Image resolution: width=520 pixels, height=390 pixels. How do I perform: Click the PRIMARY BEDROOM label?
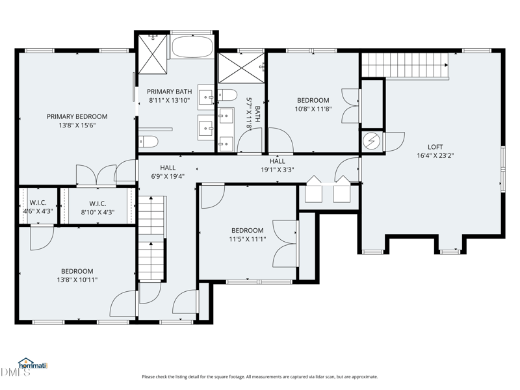[x=77, y=117]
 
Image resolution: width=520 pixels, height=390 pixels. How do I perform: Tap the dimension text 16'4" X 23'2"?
[x=435, y=155]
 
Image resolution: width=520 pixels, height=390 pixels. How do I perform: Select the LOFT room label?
[x=435, y=147]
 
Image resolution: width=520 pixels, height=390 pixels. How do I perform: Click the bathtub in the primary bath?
[x=192, y=47]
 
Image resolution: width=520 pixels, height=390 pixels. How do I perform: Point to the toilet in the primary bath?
[x=148, y=142]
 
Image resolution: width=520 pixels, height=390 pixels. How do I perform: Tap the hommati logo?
[x=33, y=364]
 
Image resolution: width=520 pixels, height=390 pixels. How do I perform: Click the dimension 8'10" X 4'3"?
[x=97, y=213]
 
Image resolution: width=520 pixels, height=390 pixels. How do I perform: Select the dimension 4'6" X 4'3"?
[x=38, y=211]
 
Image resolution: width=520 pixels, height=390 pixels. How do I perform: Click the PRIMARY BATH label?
[x=169, y=92]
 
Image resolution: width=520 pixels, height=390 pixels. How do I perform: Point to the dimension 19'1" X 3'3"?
[x=278, y=170]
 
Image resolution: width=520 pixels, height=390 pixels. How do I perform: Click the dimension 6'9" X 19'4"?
[x=168, y=176]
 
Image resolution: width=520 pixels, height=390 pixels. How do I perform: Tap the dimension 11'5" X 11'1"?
[x=248, y=239]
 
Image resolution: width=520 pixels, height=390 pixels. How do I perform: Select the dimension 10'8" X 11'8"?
[x=313, y=109]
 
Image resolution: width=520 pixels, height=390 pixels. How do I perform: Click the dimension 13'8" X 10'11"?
[x=77, y=280]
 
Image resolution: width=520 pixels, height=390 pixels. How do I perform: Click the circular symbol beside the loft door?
[x=370, y=142]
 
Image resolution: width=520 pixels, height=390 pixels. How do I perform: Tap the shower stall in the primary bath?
[x=153, y=54]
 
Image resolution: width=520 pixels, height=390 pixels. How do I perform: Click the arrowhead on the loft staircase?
[x=447, y=65]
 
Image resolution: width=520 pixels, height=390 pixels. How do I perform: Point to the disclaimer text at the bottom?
[x=259, y=377]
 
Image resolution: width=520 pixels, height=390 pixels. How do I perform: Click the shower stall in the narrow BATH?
[x=241, y=68]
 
